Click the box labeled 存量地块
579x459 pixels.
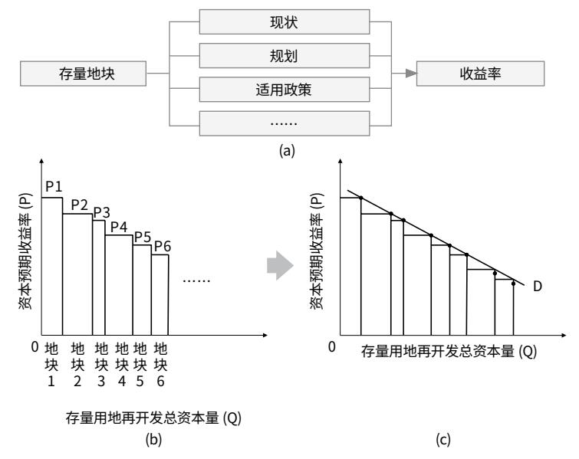83,74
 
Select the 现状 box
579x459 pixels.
285,21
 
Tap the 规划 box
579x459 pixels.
285,56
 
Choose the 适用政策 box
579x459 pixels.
285,90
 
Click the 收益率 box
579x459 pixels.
480,74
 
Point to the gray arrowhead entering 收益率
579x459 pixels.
411,74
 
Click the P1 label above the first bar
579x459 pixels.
54,187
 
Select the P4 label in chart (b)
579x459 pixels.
119,227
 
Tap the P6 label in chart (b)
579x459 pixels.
163,246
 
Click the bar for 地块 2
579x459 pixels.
77,274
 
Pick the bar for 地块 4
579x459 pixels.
119,285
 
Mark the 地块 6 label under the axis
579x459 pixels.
160,365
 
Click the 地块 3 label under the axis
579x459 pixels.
101,365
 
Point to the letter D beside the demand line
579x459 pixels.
538,287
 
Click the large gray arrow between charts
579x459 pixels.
280,265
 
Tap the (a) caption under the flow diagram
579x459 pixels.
287,150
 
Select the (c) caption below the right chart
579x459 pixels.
443,439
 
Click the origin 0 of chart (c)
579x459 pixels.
332,347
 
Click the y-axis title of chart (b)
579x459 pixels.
25,251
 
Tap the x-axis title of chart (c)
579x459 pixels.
449,351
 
